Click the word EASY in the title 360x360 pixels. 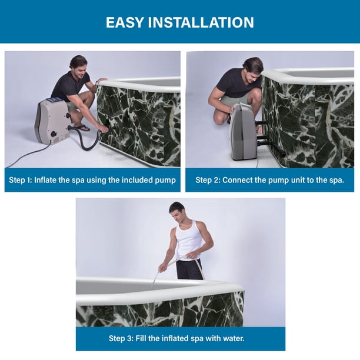(124, 22)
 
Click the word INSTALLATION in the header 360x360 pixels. (201, 22)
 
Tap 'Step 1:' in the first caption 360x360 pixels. (20, 180)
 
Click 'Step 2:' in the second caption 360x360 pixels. (208, 180)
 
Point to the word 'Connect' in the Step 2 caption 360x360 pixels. (236, 180)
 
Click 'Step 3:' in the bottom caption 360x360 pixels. (121, 338)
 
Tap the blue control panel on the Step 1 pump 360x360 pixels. (55, 100)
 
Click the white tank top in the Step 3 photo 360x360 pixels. (189, 240)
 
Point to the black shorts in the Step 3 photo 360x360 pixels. (189, 269)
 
